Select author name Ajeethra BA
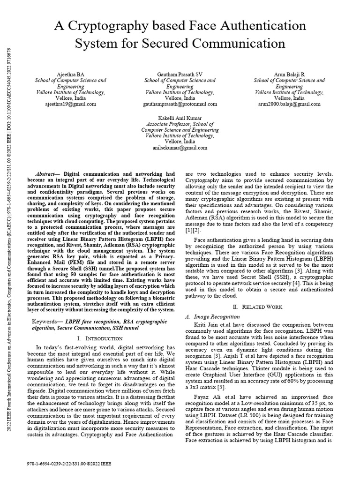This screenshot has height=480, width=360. point(71,74)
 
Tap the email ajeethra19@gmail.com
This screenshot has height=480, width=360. point(71,104)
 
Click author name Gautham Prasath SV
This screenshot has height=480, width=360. point(180,74)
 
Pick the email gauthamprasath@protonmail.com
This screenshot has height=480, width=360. point(180,104)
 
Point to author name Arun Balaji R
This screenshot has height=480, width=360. point(289,74)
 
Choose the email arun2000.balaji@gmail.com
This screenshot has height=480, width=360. point(289,104)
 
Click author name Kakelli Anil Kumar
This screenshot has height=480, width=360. point(180,117)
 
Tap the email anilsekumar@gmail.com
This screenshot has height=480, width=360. point(180,147)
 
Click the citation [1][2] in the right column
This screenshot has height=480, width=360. point(193,230)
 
